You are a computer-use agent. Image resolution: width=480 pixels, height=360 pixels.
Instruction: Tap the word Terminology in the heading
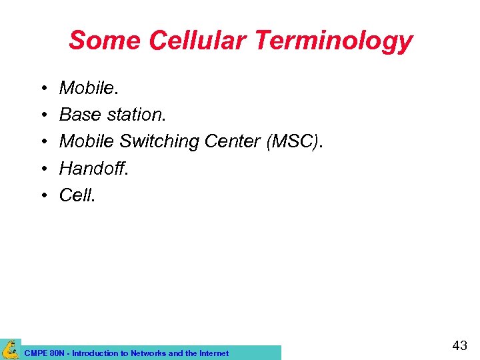333,42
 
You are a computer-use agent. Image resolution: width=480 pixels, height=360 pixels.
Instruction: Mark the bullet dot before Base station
42,115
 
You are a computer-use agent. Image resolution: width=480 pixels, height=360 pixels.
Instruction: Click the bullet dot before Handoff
42,169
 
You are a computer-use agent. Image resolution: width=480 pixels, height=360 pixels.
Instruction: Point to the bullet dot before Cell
42,195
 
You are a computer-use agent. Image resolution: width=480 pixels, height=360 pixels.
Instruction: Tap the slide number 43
459,346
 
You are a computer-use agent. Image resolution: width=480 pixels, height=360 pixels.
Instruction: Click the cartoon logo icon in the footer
10,349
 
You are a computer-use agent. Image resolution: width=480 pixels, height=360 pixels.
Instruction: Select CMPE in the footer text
35,353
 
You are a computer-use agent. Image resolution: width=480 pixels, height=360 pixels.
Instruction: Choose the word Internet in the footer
213,353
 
